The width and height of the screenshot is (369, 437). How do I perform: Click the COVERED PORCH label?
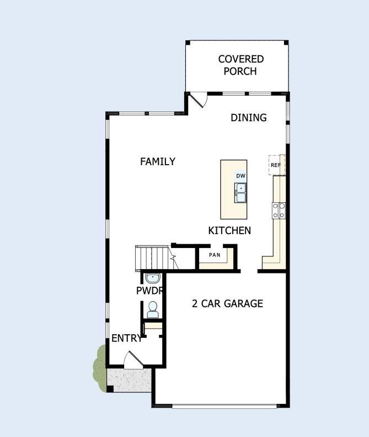tap(240, 65)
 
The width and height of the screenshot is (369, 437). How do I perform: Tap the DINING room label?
tap(248, 118)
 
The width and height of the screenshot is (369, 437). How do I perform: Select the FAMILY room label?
tap(157, 161)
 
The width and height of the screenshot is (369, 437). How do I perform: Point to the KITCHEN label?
tap(229, 231)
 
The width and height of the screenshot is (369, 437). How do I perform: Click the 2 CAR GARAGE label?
tap(227, 303)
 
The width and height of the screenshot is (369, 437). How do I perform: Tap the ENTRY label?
tap(126, 339)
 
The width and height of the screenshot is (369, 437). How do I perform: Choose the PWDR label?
tap(149, 291)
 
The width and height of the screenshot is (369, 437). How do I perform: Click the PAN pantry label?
tap(215, 255)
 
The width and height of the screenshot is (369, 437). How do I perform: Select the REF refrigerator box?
tap(276, 165)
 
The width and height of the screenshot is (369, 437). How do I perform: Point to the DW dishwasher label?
tap(240, 176)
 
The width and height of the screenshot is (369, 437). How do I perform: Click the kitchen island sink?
tap(241, 192)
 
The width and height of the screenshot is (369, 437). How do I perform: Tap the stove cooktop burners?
tap(279, 210)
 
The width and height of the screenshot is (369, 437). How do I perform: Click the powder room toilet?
tap(152, 310)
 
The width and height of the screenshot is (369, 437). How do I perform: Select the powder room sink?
tap(153, 278)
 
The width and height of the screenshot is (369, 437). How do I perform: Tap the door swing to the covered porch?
tap(197, 101)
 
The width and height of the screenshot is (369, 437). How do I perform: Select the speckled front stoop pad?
tap(129, 380)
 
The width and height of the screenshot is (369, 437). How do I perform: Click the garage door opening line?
tap(224, 406)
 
